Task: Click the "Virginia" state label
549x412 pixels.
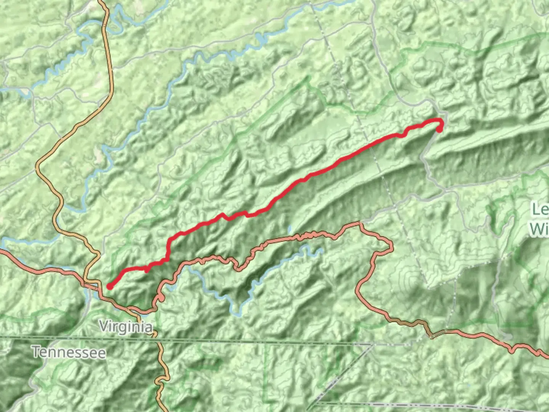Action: coord(125,327)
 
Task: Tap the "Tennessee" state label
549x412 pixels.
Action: coord(69,352)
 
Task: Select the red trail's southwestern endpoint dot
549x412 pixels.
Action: coord(109,286)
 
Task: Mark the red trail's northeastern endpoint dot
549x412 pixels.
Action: coord(439,130)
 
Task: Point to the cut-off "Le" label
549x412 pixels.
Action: coord(541,209)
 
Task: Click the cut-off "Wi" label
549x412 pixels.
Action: coord(539,229)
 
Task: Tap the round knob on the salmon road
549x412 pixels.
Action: coord(161,298)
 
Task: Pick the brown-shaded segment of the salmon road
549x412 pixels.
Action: coord(412,323)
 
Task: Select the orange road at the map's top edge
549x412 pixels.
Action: coord(102,2)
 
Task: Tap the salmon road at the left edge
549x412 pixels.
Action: coord(2,251)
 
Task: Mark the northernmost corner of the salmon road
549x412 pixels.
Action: coord(360,223)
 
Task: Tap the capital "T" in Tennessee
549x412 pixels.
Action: coord(37,352)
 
